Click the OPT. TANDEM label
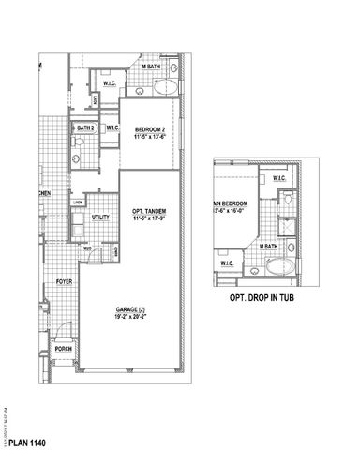(x=148, y=212)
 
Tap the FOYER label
(x=64, y=281)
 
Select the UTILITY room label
(x=100, y=217)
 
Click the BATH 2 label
(x=84, y=128)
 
